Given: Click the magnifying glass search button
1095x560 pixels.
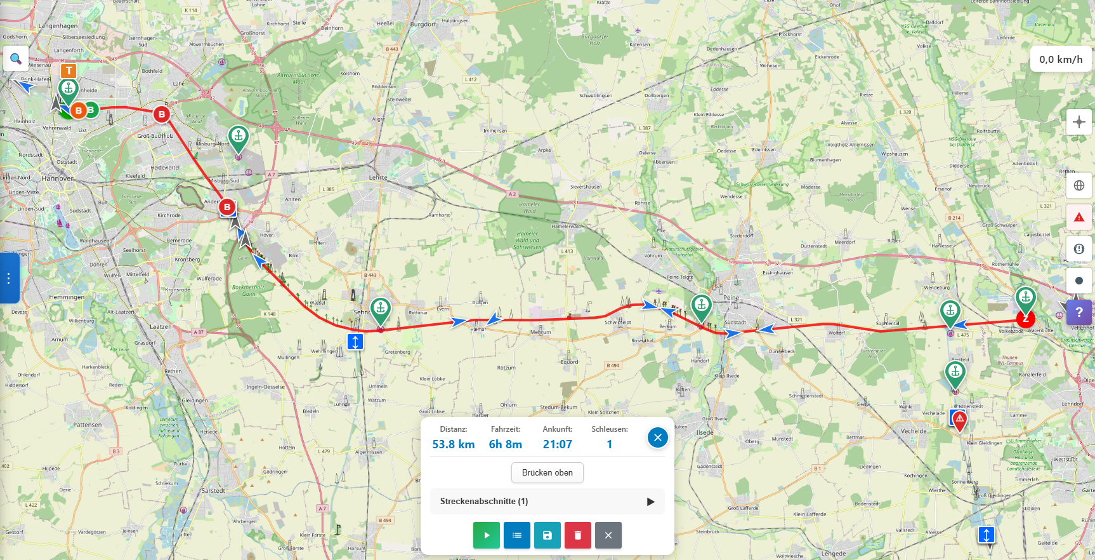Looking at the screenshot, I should (16, 59).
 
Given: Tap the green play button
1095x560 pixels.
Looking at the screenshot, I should (487, 535).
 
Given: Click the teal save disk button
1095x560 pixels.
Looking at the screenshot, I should (547, 535).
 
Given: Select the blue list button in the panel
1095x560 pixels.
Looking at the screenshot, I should (517, 535).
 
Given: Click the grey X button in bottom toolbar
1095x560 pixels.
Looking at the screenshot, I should (608, 535).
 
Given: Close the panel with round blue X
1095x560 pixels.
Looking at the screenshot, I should (658, 437).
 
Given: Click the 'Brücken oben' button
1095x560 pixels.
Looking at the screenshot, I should (547, 472).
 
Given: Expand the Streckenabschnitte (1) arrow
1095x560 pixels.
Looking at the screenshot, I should (650, 502).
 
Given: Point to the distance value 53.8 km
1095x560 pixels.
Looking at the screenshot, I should (454, 444).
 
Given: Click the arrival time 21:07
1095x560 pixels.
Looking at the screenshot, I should (558, 444).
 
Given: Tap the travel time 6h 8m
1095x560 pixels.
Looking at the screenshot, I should (506, 444).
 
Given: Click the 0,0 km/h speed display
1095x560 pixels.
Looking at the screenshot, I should (1061, 60).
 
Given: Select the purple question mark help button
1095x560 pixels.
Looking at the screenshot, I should (1079, 312).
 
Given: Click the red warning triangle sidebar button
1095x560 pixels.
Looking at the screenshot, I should (1079, 217).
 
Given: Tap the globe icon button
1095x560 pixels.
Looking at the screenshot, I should (1079, 185).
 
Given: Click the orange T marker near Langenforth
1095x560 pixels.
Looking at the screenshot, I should (69, 70).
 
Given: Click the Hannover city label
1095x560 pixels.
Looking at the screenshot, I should (58, 178).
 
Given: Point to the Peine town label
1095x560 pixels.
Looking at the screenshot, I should (731, 298).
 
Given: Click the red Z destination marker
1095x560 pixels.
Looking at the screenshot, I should (1026, 319).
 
